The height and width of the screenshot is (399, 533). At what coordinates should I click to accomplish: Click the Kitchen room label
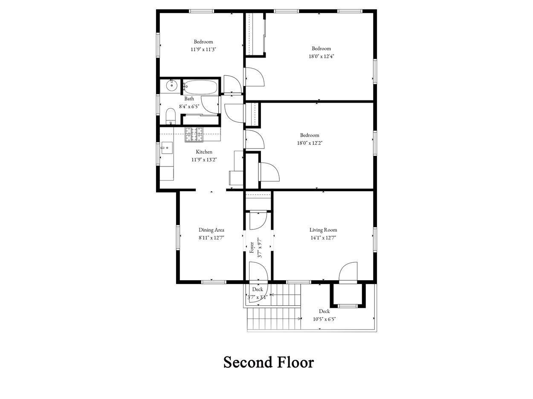pyautogui.click(x=204, y=152)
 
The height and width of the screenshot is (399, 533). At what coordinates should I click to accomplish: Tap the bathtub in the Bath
pyautogui.click(x=200, y=87)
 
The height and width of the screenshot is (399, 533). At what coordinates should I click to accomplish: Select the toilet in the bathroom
pyautogui.click(x=171, y=116)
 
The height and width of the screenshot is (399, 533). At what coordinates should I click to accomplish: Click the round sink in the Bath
pyautogui.click(x=172, y=85)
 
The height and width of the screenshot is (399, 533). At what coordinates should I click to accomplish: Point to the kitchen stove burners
pyautogui.click(x=194, y=134)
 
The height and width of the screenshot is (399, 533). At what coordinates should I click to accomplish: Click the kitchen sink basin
pyautogui.click(x=167, y=148)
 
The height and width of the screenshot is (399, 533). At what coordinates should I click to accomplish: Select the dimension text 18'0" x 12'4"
pyautogui.click(x=321, y=56)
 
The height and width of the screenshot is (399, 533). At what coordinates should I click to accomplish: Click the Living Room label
pyautogui.click(x=323, y=230)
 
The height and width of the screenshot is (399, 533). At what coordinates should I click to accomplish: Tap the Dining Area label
pyautogui.click(x=211, y=230)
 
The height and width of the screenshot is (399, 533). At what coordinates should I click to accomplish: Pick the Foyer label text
pyautogui.click(x=252, y=247)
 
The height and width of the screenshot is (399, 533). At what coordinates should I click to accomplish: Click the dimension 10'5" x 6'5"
pyautogui.click(x=324, y=319)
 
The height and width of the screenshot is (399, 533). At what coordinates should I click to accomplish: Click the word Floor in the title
pyautogui.click(x=295, y=363)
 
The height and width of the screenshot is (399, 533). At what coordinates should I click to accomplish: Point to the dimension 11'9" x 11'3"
pyautogui.click(x=203, y=49)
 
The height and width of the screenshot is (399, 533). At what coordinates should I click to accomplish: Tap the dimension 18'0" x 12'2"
pyautogui.click(x=310, y=143)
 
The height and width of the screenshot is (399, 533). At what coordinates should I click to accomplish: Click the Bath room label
pyautogui.click(x=189, y=99)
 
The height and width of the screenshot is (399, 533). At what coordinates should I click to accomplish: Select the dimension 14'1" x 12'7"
pyautogui.click(x=323, y=238)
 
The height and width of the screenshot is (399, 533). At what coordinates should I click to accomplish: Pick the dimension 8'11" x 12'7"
pyautogui.click(x=211, y=238)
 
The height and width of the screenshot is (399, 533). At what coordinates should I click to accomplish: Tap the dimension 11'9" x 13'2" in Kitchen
pyautogui.click(x=204, y=160)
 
